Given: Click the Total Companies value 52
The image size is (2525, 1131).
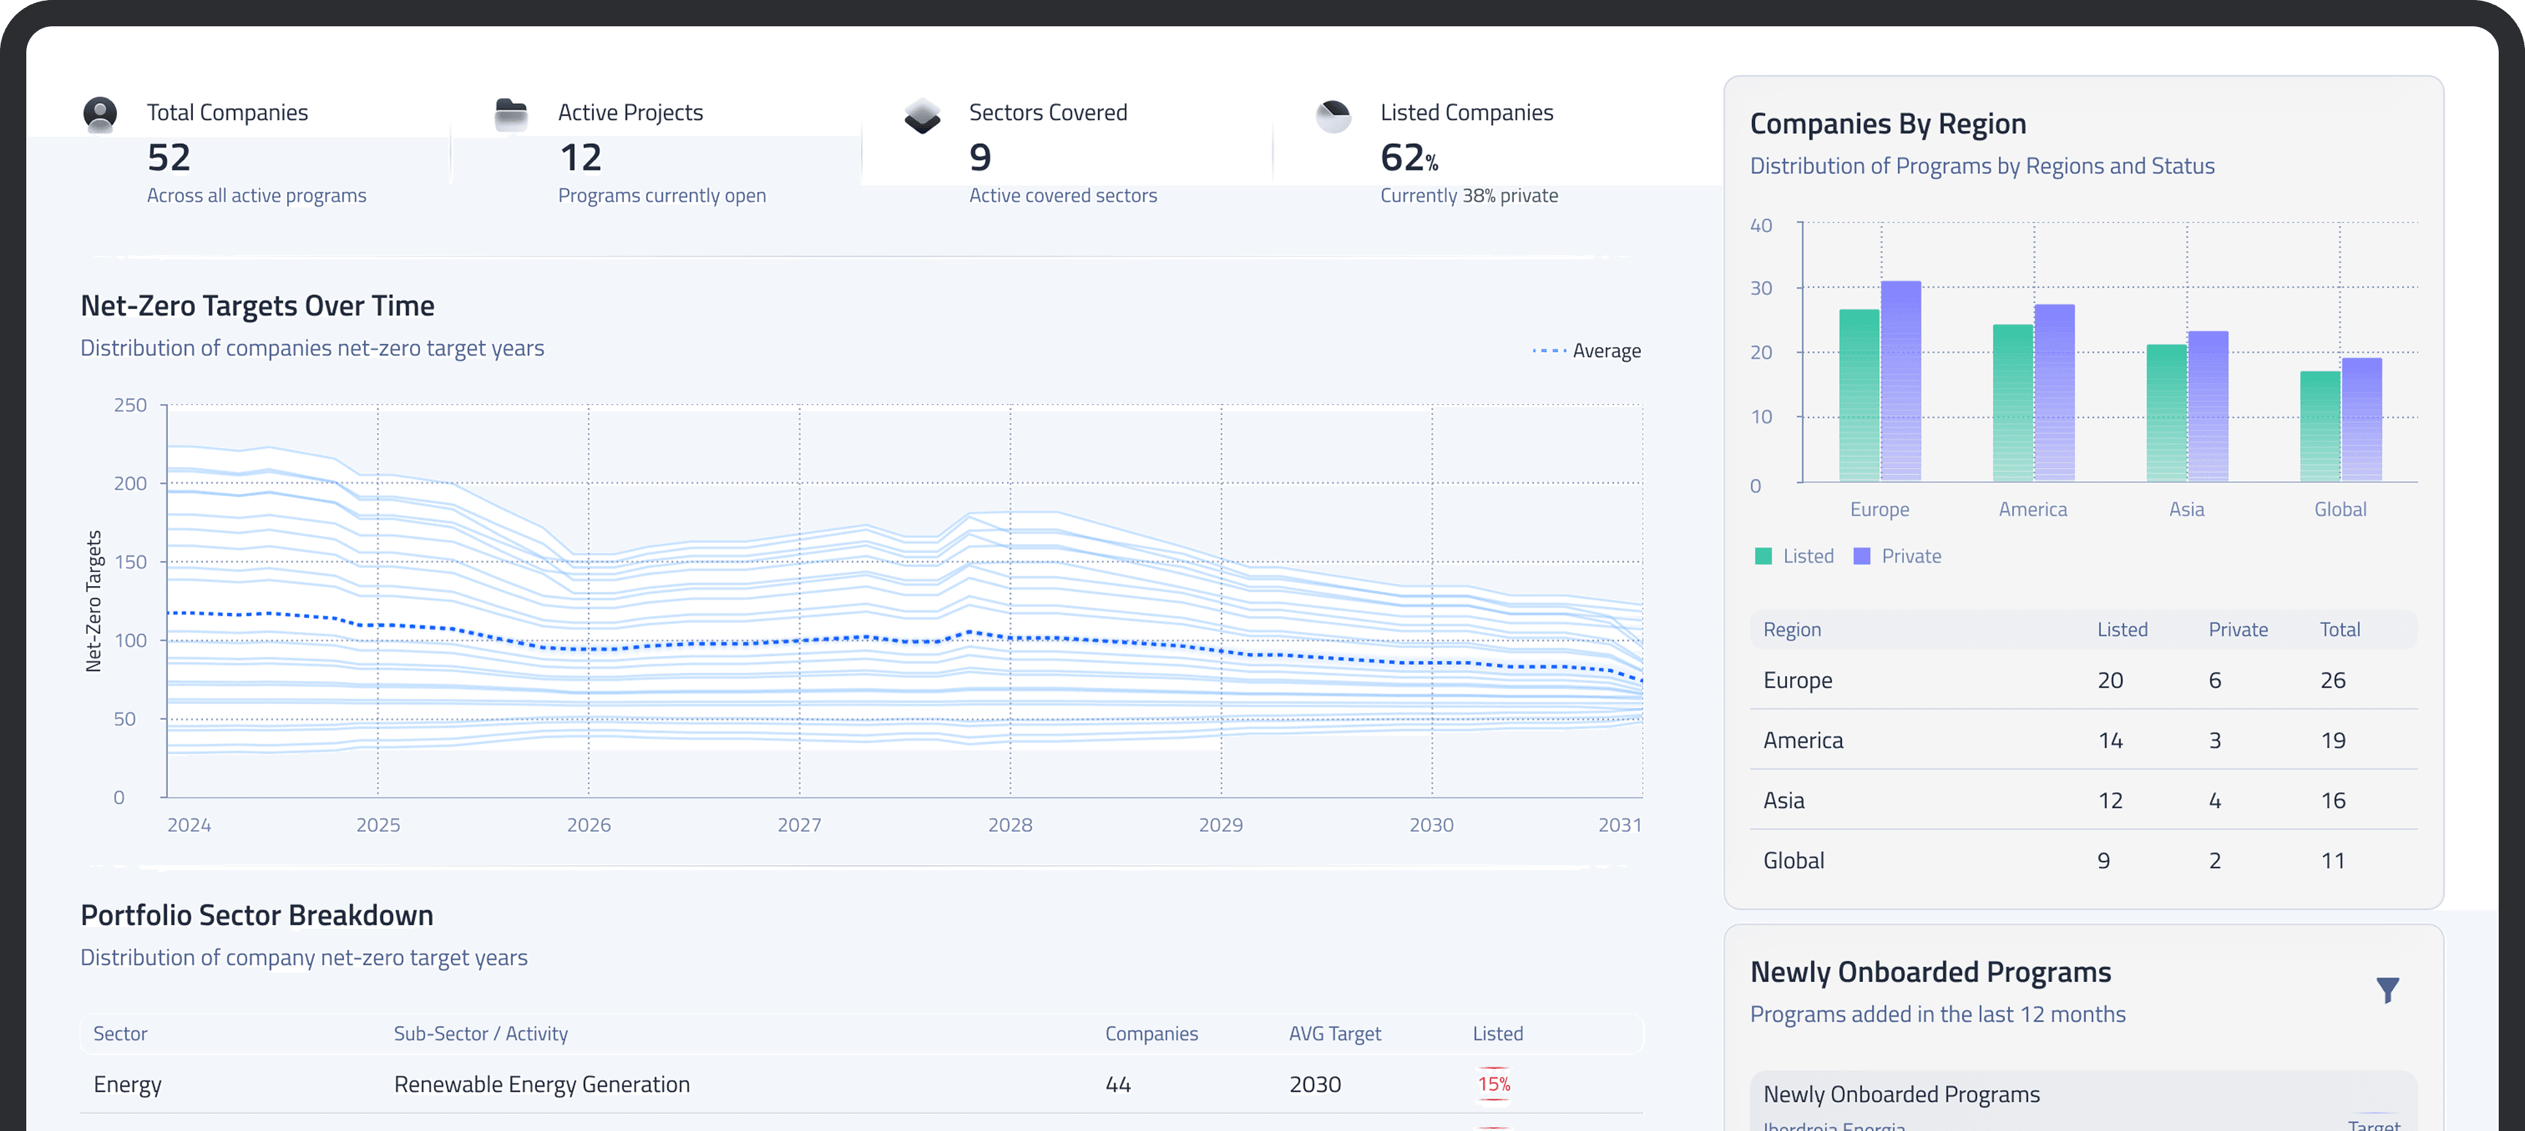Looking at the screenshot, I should click(169, 158).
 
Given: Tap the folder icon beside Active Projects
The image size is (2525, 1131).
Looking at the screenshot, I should click(511, 115).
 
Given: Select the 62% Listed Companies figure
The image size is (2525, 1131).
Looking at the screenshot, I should click(1408, 158).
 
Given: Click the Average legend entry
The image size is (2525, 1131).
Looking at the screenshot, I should click(1587, 351).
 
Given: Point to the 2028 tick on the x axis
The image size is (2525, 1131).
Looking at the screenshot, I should click(1010, 825).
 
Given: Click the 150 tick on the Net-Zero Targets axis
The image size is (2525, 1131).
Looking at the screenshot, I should click(129, 562).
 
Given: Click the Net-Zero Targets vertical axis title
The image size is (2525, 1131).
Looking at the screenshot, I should click(94, 601).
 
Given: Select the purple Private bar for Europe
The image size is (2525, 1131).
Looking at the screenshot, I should click(1900, 382).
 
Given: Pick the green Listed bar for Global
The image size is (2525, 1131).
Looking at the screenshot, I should click(2319, 427).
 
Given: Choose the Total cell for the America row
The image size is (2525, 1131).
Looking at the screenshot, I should click(2332, 740).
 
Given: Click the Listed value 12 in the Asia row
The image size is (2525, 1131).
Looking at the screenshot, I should click(2109, 801).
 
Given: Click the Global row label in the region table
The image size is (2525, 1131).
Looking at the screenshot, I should click(1793, 861).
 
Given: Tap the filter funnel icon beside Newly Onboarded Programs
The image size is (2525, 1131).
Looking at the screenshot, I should click(2387, 990).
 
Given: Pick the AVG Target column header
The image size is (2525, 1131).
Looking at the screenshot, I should click(1334, 1034).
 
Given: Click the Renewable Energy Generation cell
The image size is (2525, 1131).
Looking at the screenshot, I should click(541, 1084).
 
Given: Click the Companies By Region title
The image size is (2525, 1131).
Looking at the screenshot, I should click(1887, 124).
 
